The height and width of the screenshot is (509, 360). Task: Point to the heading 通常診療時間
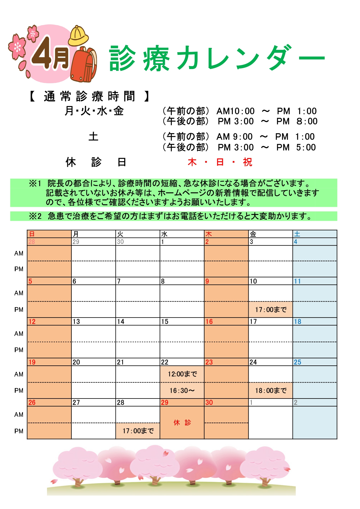[x=90, y=96]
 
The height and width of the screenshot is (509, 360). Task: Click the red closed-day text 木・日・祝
[x=220, y=162]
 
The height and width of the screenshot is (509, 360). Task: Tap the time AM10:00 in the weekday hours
[x=235, y=111]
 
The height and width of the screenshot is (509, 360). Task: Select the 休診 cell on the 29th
[x=182, y=423]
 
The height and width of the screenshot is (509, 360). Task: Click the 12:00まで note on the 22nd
[x=182, y=374]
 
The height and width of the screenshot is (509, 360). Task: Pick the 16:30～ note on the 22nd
[x=182, y=391]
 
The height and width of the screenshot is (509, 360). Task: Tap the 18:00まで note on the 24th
[x=271, y=391]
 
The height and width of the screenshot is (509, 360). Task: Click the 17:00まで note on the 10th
[x=271, y=310]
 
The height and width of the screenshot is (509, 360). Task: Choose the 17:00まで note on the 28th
[x=138, y=431]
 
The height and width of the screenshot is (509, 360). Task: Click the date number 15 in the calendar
[x=165, y=322]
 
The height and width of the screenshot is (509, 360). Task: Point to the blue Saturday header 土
[x=297, y=234]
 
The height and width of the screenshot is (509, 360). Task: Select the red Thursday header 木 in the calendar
[x=209, y=234]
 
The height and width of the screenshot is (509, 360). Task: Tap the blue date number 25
[x=298, y=362]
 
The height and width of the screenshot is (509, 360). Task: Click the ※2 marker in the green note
[x=35, y=216]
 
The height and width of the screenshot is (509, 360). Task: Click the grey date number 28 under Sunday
[x=32, y=242]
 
